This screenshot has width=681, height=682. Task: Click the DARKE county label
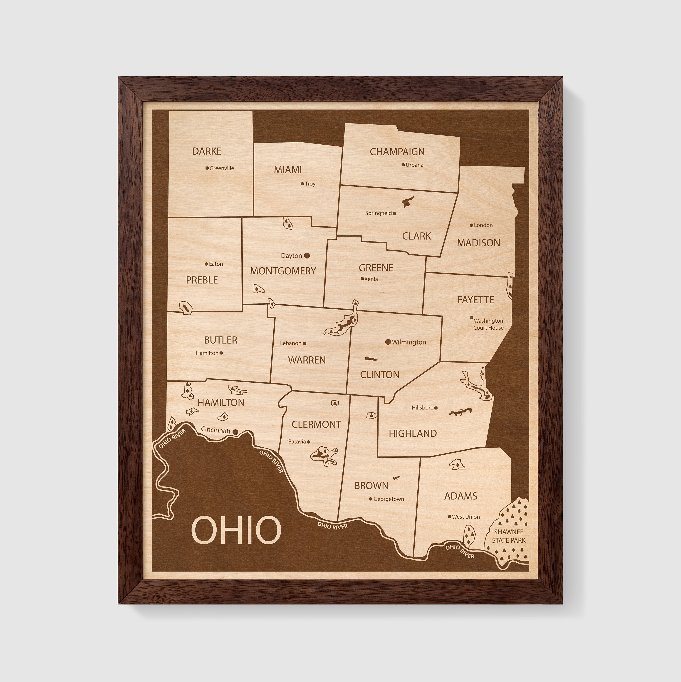[x=207, y=151]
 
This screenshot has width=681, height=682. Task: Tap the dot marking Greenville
[x=207, y=168]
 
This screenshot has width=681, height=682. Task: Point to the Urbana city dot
[x=403, y=165]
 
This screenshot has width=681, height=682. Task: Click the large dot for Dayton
[x=307, y=256]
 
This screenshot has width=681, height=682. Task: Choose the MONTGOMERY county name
[x=283, y=271]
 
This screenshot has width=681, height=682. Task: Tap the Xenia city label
[x=371, y=279]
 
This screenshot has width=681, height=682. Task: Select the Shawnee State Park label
[x=509, y=536]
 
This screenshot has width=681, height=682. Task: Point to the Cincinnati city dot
[x=235, y=432]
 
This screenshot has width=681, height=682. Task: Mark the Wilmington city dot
[x=388, y=342]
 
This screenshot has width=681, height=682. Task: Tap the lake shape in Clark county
[x=407, y=202]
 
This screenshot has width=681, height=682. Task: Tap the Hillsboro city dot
[x=436, y=408]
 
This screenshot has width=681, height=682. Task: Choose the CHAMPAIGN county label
[x=397, y=152]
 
